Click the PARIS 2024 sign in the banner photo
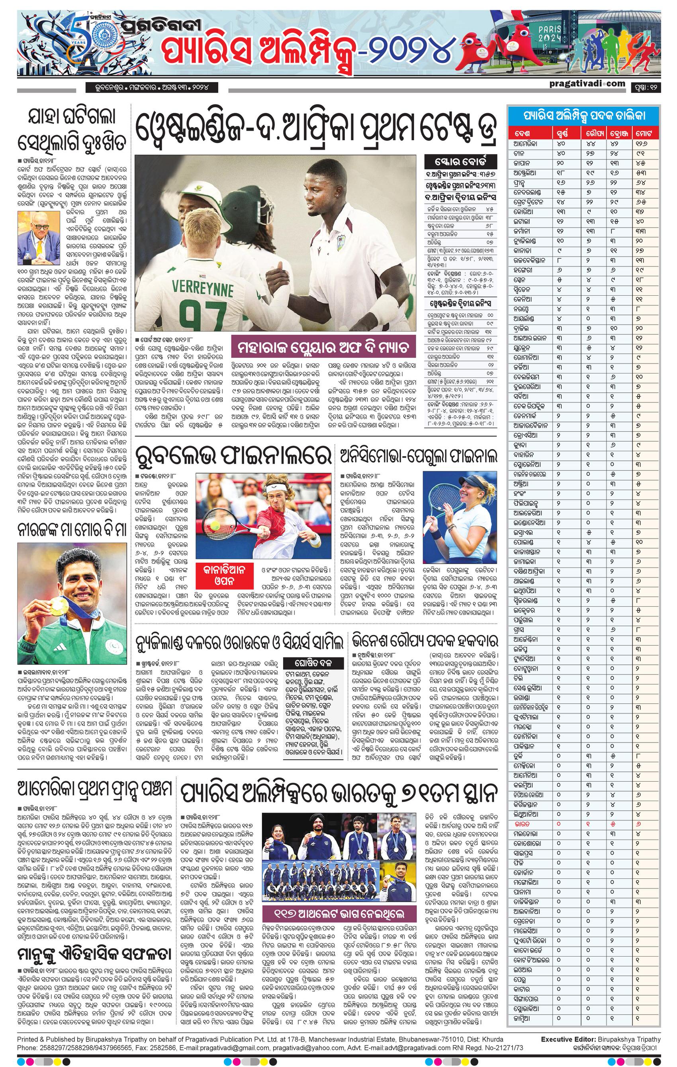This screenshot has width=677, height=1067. coord(551,33)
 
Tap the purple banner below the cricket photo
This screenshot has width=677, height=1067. coord(323,348)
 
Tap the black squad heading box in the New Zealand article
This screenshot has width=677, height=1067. coord(313,663)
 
